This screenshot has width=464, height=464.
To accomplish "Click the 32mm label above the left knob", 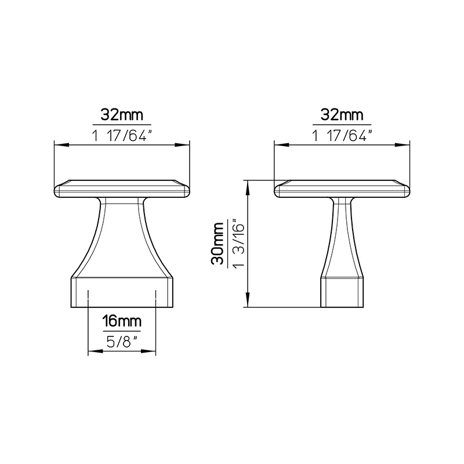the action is pos(122,115).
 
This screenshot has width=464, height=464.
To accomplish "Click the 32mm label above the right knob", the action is pos(342,115).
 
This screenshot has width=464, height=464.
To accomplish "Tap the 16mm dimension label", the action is pos(122,321).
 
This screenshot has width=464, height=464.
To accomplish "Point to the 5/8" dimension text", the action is pos(122,342).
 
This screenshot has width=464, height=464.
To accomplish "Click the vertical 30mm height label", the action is pos(217,244).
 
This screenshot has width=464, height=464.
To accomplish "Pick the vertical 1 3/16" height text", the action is pos(238,243).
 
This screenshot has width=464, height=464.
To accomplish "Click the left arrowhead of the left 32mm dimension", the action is pos(61,145).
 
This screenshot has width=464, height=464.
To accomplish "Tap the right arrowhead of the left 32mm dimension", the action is pos(182,145).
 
